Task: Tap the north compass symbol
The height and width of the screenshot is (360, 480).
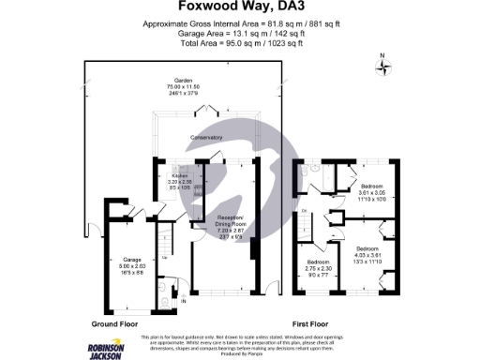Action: coord(382,65)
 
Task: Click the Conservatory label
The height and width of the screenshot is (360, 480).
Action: coord(206,139)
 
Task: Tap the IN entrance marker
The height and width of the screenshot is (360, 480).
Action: coord(184,301)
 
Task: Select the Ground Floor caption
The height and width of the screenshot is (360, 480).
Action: coord(115,323)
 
